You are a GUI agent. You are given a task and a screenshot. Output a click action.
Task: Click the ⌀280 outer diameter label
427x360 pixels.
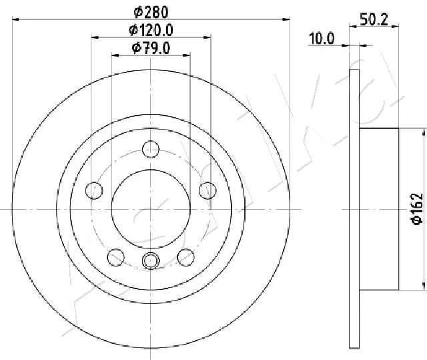[151, 11]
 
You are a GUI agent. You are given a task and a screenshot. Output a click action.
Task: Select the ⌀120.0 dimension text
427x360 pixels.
[151, 29]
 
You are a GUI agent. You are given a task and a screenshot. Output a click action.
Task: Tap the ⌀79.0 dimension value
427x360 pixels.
[151, 47]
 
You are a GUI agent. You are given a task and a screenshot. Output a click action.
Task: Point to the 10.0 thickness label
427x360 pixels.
[321, 39]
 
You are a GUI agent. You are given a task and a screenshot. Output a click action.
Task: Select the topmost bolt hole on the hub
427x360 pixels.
[151, 149]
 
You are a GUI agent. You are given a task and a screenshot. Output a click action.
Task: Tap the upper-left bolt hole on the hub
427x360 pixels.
[95, 190]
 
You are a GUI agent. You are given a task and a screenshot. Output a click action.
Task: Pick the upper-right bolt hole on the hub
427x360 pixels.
[207, 190]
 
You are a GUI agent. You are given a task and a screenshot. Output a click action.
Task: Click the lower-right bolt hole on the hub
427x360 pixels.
[186, 256]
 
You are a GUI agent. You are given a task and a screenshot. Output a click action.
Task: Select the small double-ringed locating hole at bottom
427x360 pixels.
[151, 260]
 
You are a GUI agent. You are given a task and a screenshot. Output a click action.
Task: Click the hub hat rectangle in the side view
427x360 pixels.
[379, 209]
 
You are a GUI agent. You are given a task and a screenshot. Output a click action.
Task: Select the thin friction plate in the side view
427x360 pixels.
[354, 209]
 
